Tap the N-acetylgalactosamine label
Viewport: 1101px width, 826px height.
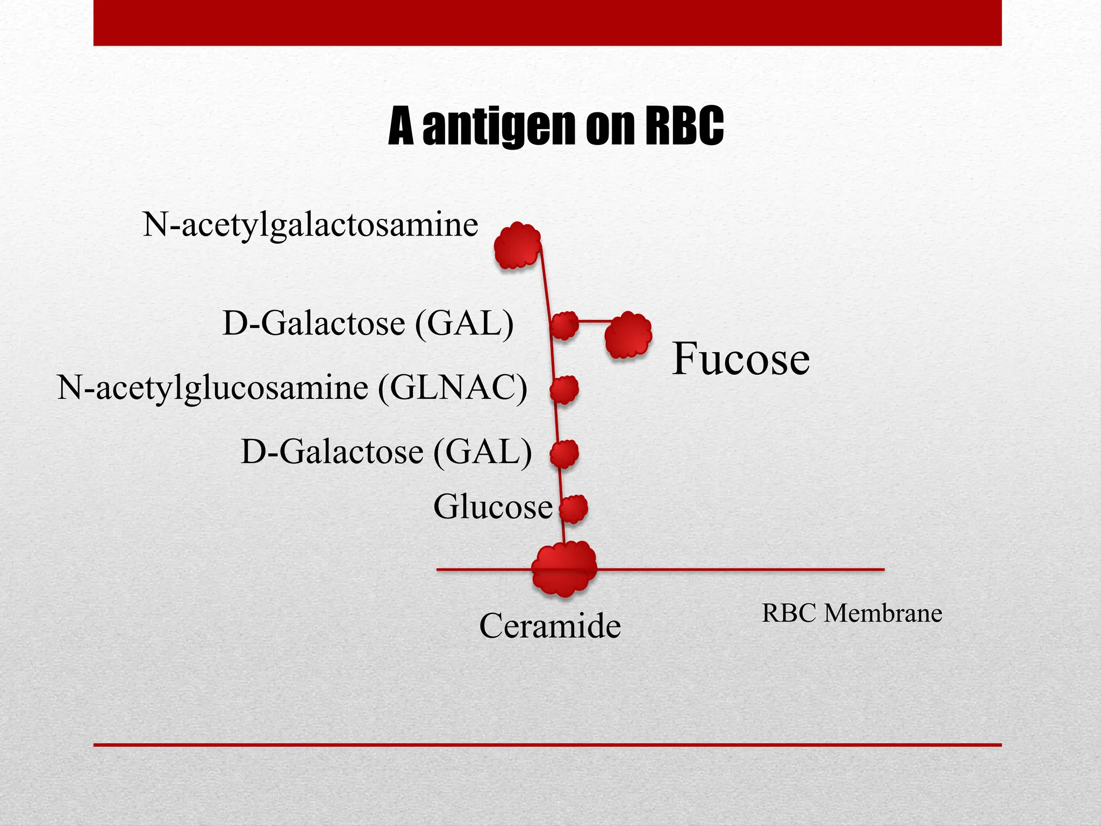(310, 225)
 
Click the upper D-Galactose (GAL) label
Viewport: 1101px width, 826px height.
(368, 323)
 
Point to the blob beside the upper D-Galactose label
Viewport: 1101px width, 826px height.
(564, 325)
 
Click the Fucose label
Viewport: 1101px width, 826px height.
(741, 359)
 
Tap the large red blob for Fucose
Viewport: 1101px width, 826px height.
(628, 335)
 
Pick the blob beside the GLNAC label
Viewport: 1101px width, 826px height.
(564, 389)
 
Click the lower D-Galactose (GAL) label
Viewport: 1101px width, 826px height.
(386, 451)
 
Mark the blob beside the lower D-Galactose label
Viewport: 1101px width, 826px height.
(564, 454)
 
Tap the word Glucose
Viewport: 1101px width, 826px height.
(492, 507)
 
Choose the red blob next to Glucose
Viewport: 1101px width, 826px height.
(573, 508)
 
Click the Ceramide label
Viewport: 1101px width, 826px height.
(549, 625)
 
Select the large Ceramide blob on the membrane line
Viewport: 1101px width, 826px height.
(563, 568)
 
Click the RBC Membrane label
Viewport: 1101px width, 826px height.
(852, 613)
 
